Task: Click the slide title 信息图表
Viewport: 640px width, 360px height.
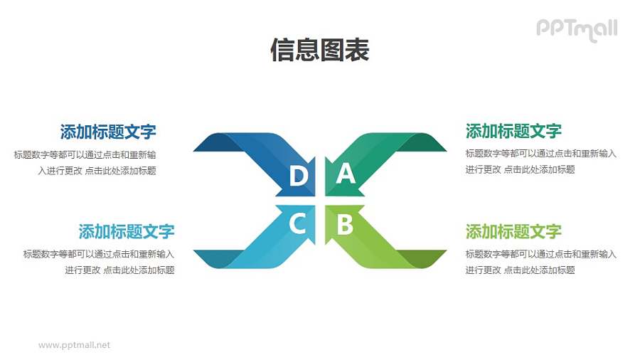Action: [x=320, y=51]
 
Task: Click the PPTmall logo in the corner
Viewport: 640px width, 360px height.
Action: [x=576, y=29]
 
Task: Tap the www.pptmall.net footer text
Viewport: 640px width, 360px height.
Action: [x=74, y=345]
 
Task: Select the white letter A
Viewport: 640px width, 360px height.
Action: [x=345, y=174]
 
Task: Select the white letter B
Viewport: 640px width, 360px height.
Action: [x=345, y=225]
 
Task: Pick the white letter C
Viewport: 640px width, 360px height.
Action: [x=298, y=225]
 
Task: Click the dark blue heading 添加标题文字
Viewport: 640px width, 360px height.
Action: [x=108, y=132]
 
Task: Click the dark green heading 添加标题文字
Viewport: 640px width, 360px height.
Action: [x=513, y=131]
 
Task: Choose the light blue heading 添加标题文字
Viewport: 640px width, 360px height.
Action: [x=127, y=231]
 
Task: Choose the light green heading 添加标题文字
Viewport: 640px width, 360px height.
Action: [x=513, y=231]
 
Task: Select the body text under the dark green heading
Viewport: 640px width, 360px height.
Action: [x=540, y=162]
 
